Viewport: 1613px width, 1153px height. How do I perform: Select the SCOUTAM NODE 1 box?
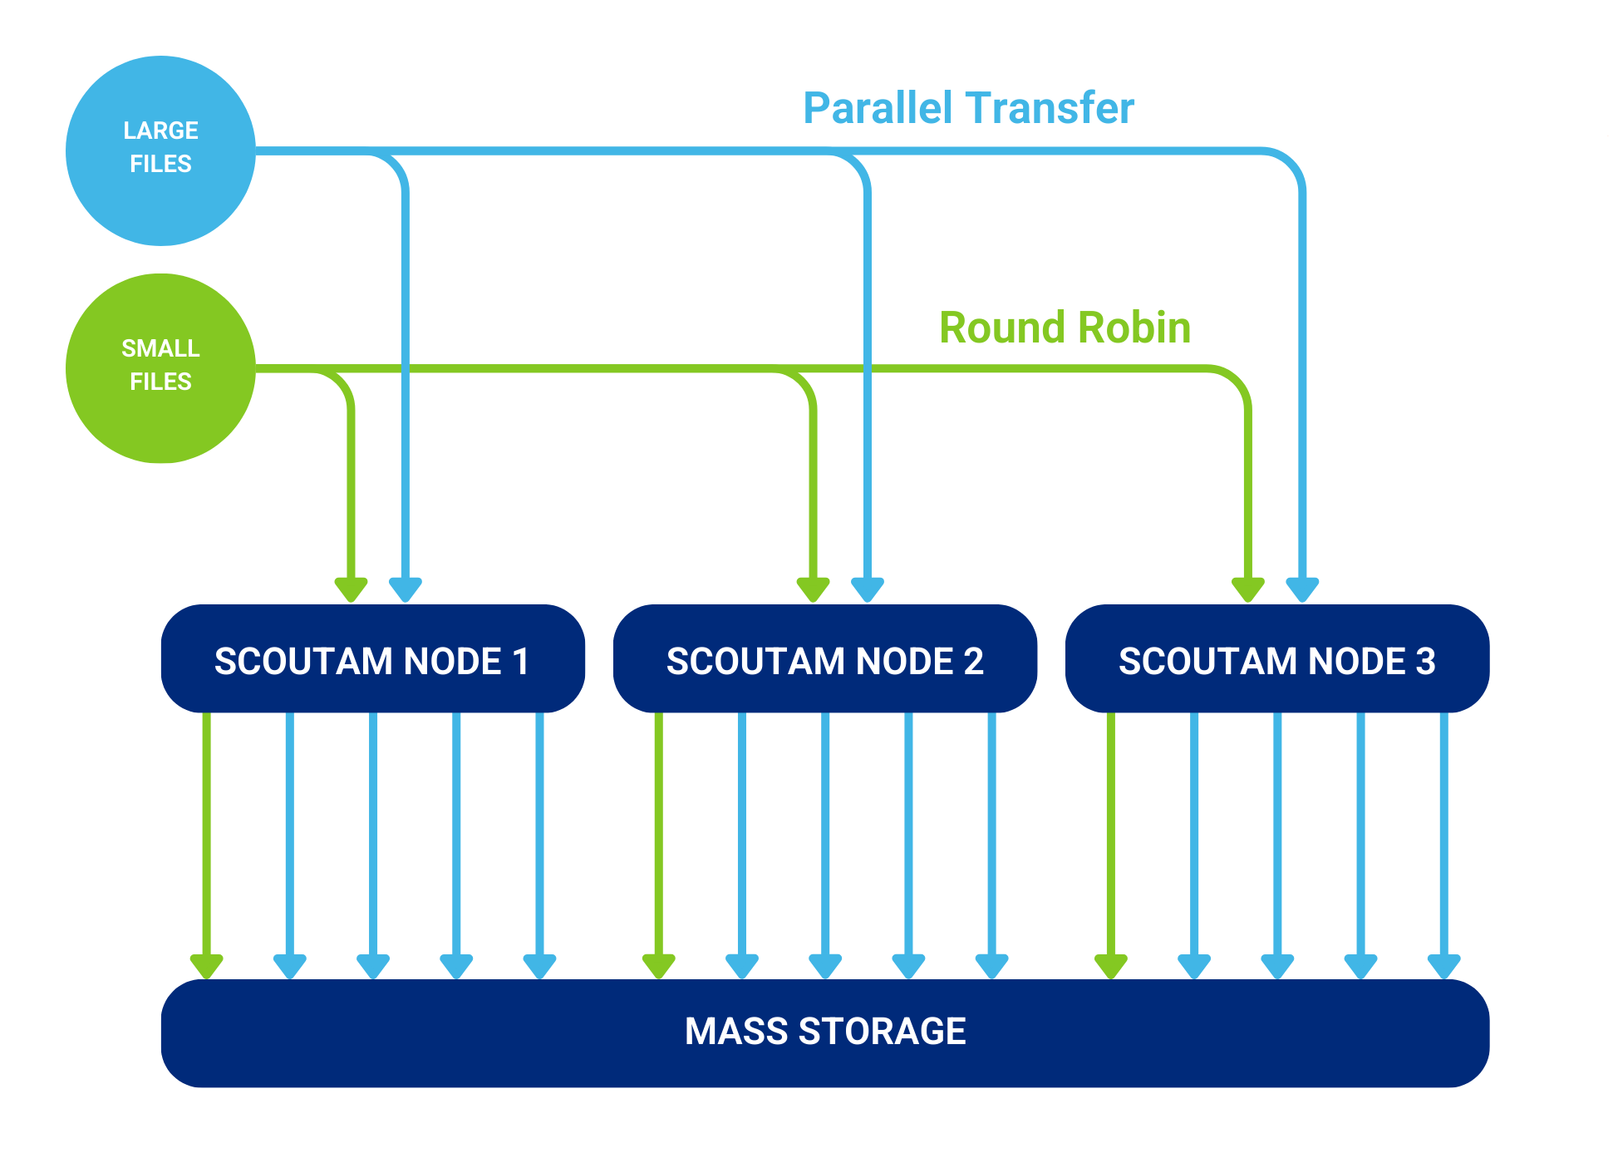[372, 660]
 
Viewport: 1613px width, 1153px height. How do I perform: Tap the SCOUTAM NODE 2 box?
[824, 660]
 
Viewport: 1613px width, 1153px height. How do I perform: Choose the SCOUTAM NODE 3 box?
[1276, 660]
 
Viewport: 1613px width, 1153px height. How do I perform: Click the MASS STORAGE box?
[824, 1032]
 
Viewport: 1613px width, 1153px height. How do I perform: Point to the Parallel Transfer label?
[968, 108]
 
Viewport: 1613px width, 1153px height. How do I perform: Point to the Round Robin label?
[1065, 328]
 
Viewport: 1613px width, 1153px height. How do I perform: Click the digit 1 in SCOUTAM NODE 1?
[520, 662]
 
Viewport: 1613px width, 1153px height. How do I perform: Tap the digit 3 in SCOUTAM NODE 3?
[1425, 662]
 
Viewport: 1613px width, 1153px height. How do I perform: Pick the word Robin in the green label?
[1134, 328]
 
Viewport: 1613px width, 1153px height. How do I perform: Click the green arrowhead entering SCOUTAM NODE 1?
[351, 589]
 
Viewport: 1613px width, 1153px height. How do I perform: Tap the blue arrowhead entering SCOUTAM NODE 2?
[867, 589]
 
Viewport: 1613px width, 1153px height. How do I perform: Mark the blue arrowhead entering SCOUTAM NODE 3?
[1302, 589]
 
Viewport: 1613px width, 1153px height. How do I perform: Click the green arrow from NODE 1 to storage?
[206, 840]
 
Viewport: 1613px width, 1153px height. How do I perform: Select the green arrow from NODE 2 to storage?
[658, 840]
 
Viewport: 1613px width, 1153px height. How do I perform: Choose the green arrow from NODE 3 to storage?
[1110, 840]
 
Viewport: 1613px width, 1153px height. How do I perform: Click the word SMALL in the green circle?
[160, 348]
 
